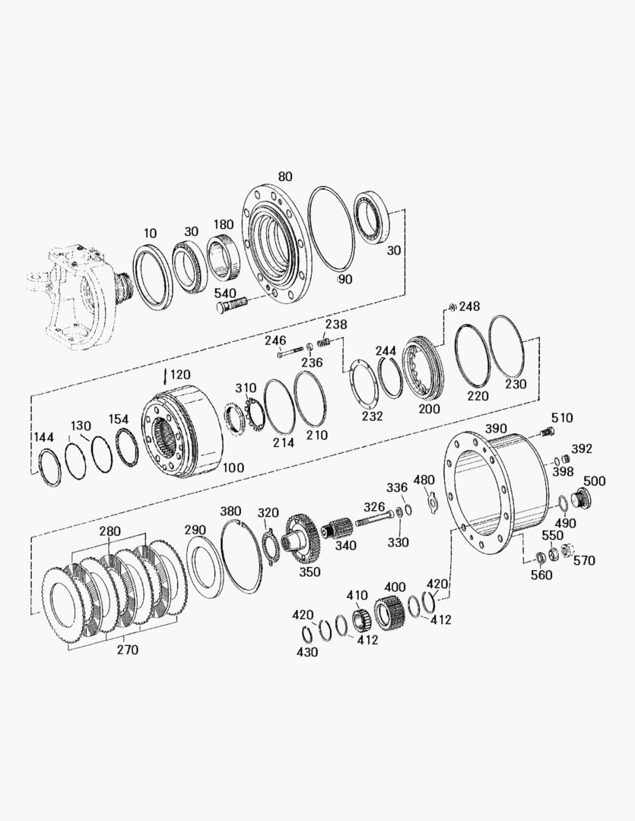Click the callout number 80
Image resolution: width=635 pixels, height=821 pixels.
285,176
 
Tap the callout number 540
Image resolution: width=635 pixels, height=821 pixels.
225,293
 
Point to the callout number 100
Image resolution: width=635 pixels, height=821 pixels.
233,467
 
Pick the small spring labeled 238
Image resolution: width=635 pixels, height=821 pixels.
324,341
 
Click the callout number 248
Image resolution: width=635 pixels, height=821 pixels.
469,306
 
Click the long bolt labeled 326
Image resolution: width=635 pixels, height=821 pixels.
374,520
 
